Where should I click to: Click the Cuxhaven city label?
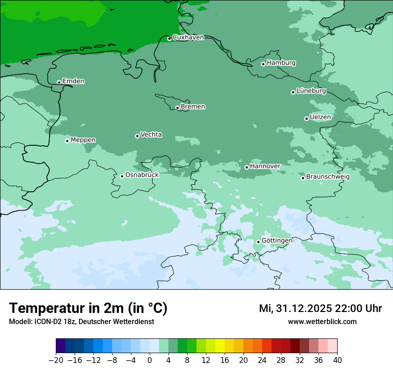click(x=188, y=38)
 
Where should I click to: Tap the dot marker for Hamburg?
click(x=263, y=64)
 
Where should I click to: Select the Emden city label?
click(x=73, y=81)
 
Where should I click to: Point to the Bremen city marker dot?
click(x=177, y=108)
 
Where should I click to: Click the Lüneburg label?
click(x=311, y=91)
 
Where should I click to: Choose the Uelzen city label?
click(x=320, y=118)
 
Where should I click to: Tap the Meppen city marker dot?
click(x=67, y=141)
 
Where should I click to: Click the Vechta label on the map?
click(x=151, y=135)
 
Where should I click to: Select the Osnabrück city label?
click(x=142, y=175)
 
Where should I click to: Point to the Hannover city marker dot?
click(x=247, y=167)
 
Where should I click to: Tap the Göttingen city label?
click(x=277, y=241)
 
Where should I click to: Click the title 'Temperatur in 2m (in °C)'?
click(x=88, y=308)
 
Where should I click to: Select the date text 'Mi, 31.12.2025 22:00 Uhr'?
click(x=320, y=308)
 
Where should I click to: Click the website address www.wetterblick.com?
click(x=322, y=322)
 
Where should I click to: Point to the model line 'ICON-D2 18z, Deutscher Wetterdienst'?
click(x=81, y=322)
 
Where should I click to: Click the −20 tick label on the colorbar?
click(x=56, y=360)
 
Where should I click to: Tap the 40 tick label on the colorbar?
click(x=337, y=360)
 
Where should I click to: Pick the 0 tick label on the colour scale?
click(x=150, y=360)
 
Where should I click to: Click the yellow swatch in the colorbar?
click(x=220, y=346)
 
